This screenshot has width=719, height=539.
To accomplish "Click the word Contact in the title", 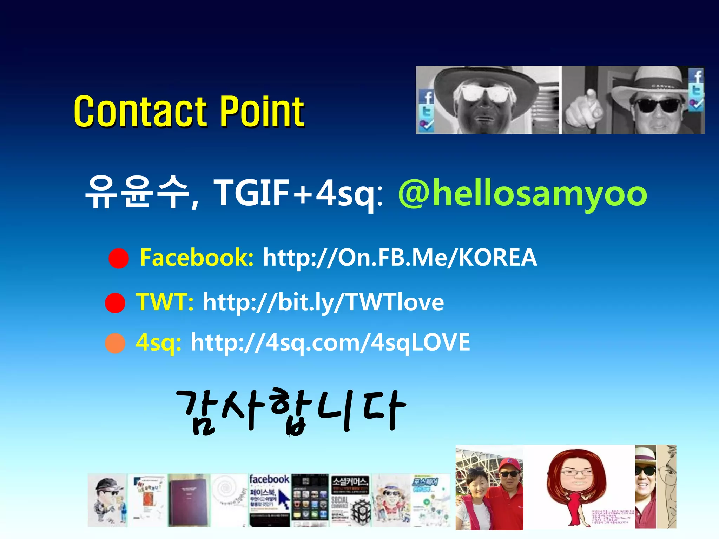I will pyautogui.click(x=140, y=111).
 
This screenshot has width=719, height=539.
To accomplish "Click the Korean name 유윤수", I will pyautogui.click(x=137, y=192).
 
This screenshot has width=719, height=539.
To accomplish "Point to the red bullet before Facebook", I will pyautogui.click(x=119, y=259).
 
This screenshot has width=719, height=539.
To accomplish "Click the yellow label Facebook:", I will pyautogui.click(x=197, y=258).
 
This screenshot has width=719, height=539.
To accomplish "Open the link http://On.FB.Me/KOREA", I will pyautogui.click(x=400, y=258).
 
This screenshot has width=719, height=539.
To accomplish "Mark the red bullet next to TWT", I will pyautogui.click(x=115, y=303).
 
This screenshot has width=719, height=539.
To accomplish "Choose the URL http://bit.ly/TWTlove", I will pyautogui.click(x=323, y=302).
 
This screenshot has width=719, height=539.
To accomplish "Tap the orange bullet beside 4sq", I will pyautogui.click(x=115, y=343).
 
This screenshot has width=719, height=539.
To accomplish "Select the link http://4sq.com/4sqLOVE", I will pyautogui.click(x=330, y=343).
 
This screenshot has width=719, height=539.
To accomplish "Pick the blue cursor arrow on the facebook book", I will pyautogui.click(x=283, y=498).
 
